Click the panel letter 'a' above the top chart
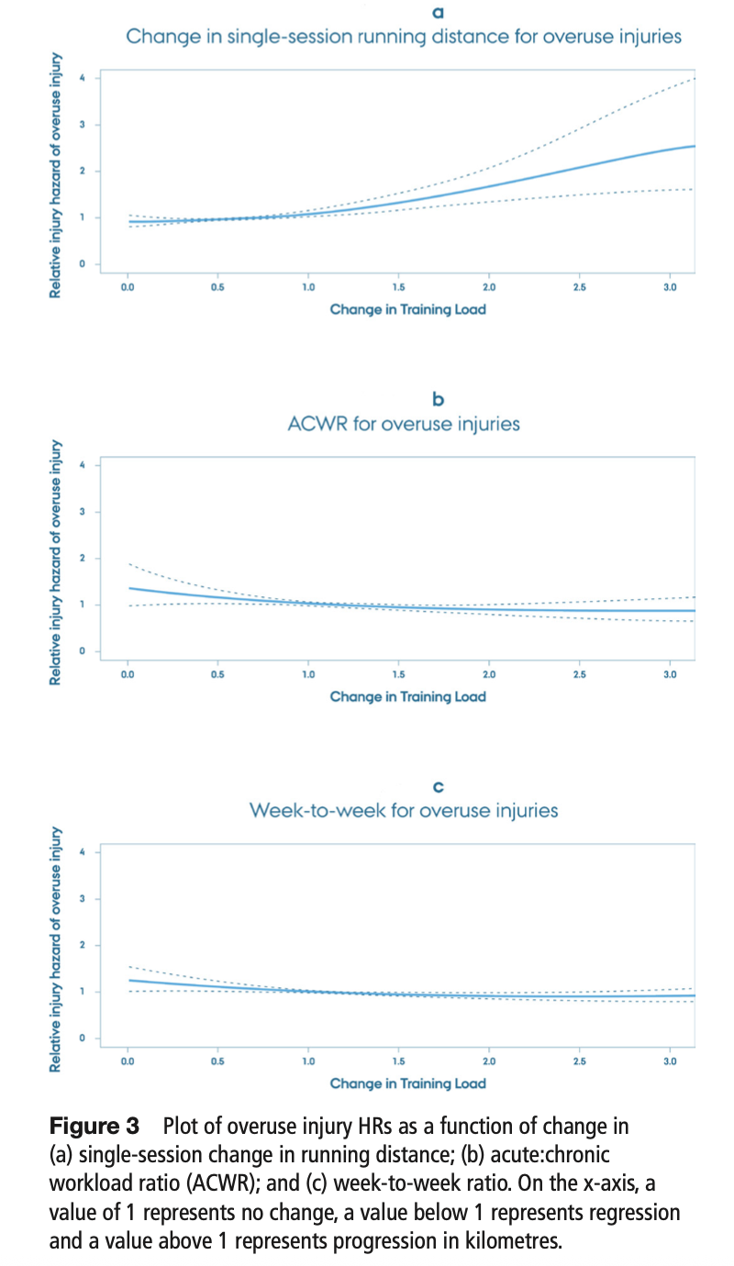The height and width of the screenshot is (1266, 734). (x=438, y=13)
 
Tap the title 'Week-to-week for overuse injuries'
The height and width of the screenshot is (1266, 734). (x=404, y=811)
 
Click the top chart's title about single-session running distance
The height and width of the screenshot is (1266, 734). (x=404, y=38)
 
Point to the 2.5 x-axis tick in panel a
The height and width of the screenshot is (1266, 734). (x=579, y=288)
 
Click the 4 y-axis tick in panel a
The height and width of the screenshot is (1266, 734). (x=83, y=78)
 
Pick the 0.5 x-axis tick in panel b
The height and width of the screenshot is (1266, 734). (x=217, y=675)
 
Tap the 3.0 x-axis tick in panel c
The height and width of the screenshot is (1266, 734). (x=670, y=1062)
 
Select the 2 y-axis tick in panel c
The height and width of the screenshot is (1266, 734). (x=83, y=945)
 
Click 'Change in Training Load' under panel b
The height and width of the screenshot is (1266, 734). (x=407, y=696)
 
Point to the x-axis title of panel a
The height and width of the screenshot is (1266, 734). (x=407, y=309)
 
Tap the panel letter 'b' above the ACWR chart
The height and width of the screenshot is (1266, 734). (x=438, y=399)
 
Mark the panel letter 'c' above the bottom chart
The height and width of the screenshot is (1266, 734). (x=438, y=786)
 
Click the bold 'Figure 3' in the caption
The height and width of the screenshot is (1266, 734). (x=94, y=1125)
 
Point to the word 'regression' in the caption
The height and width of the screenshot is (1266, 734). (x=632, y=1213)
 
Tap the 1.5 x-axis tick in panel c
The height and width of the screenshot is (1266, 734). (x=398, y=1062)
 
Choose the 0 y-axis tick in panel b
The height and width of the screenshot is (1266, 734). (x=83, y=651)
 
